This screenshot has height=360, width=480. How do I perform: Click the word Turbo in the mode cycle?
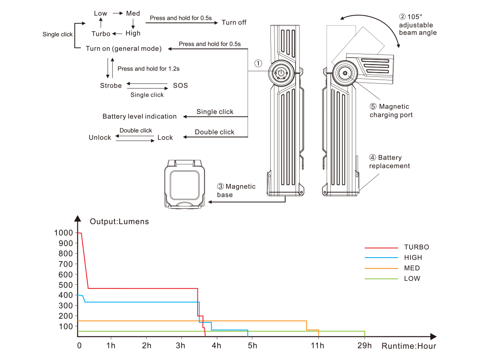[101, 34]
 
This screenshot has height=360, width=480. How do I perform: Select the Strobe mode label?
[111, 86]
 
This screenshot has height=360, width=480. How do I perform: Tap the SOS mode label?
[180, 86]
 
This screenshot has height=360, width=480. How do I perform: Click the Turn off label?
[234, 22]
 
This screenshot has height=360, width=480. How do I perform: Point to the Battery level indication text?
[140, 116]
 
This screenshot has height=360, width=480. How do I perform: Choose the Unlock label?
[100, 138]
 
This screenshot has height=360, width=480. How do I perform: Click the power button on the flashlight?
[282, 73]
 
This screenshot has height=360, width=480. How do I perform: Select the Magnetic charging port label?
[391, 111]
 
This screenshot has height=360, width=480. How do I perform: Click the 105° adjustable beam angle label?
[417, 25]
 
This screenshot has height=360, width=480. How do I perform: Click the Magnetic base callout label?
[236, 190]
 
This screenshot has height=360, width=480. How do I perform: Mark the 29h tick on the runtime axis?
[364, 345]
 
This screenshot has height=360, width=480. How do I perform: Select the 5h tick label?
[252, 345]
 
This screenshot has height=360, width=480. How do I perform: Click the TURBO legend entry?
[416, 247]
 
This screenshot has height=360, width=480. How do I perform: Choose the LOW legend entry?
[412, 278]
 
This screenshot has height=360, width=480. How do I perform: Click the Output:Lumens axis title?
[119, 222]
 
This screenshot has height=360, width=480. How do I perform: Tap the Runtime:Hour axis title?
[408, 346]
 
